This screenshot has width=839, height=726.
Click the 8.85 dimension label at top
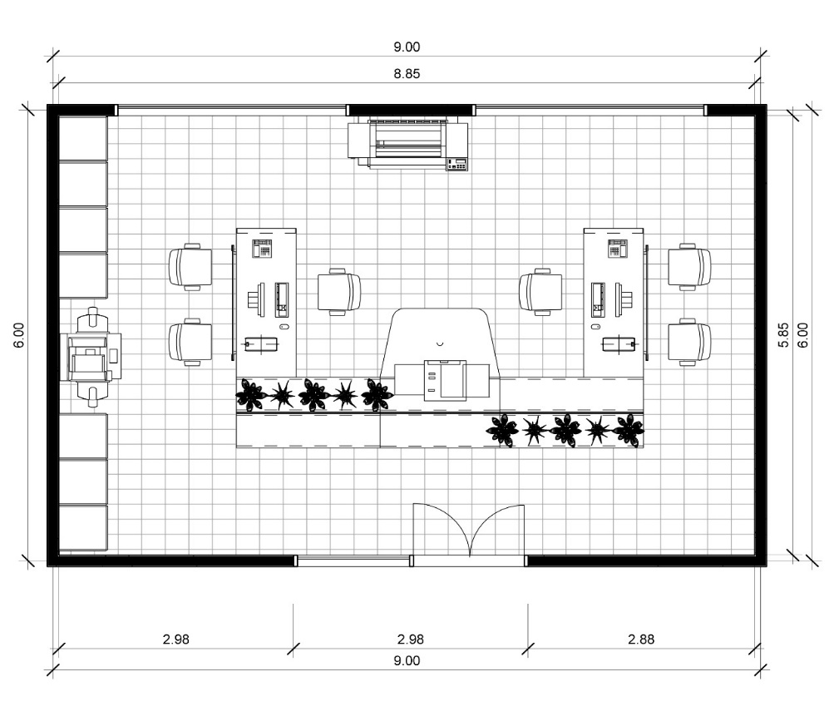[407, 73]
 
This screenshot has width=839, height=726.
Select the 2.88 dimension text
[640, 640]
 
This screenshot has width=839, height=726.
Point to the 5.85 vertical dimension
[782, 333]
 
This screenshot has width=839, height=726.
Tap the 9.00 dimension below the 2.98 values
[407, 661]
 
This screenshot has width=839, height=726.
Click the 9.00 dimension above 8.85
[407, 47]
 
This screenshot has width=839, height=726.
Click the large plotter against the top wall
[408, 145]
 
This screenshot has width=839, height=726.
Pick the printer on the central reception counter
[445, 380]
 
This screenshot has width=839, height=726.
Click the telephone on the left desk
[263, 248]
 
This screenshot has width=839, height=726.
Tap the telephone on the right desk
[617, 248]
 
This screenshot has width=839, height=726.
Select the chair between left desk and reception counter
[339, 291]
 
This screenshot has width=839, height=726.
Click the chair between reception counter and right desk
[540, 292]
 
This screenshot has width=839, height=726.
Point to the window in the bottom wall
[353, 561]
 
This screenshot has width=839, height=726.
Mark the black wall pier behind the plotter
[410, 110]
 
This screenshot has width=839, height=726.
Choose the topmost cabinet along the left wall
[82, 138]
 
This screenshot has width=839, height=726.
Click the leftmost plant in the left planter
[250, 395]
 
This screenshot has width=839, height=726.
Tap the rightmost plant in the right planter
[629, 430]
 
